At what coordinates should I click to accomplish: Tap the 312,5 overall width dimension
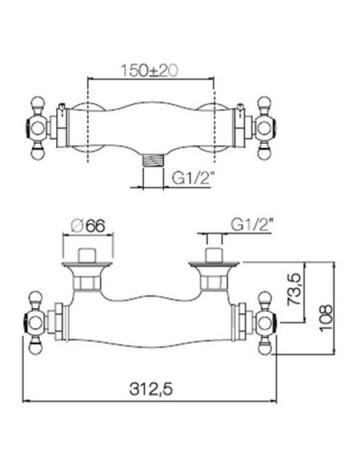[x=150, y=389]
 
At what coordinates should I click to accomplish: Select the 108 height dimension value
[x=326, y=318]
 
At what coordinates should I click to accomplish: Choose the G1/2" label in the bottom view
[x=252, y=225]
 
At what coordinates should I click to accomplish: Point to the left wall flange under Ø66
[x=87, y=264]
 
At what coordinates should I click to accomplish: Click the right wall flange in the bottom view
[x=214, y=264]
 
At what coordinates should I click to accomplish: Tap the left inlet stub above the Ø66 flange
[x=87, y=254]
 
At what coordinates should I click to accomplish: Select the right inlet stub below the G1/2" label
[x=213, y=254]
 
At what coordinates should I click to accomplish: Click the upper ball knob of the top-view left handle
[x=37, y=103]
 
